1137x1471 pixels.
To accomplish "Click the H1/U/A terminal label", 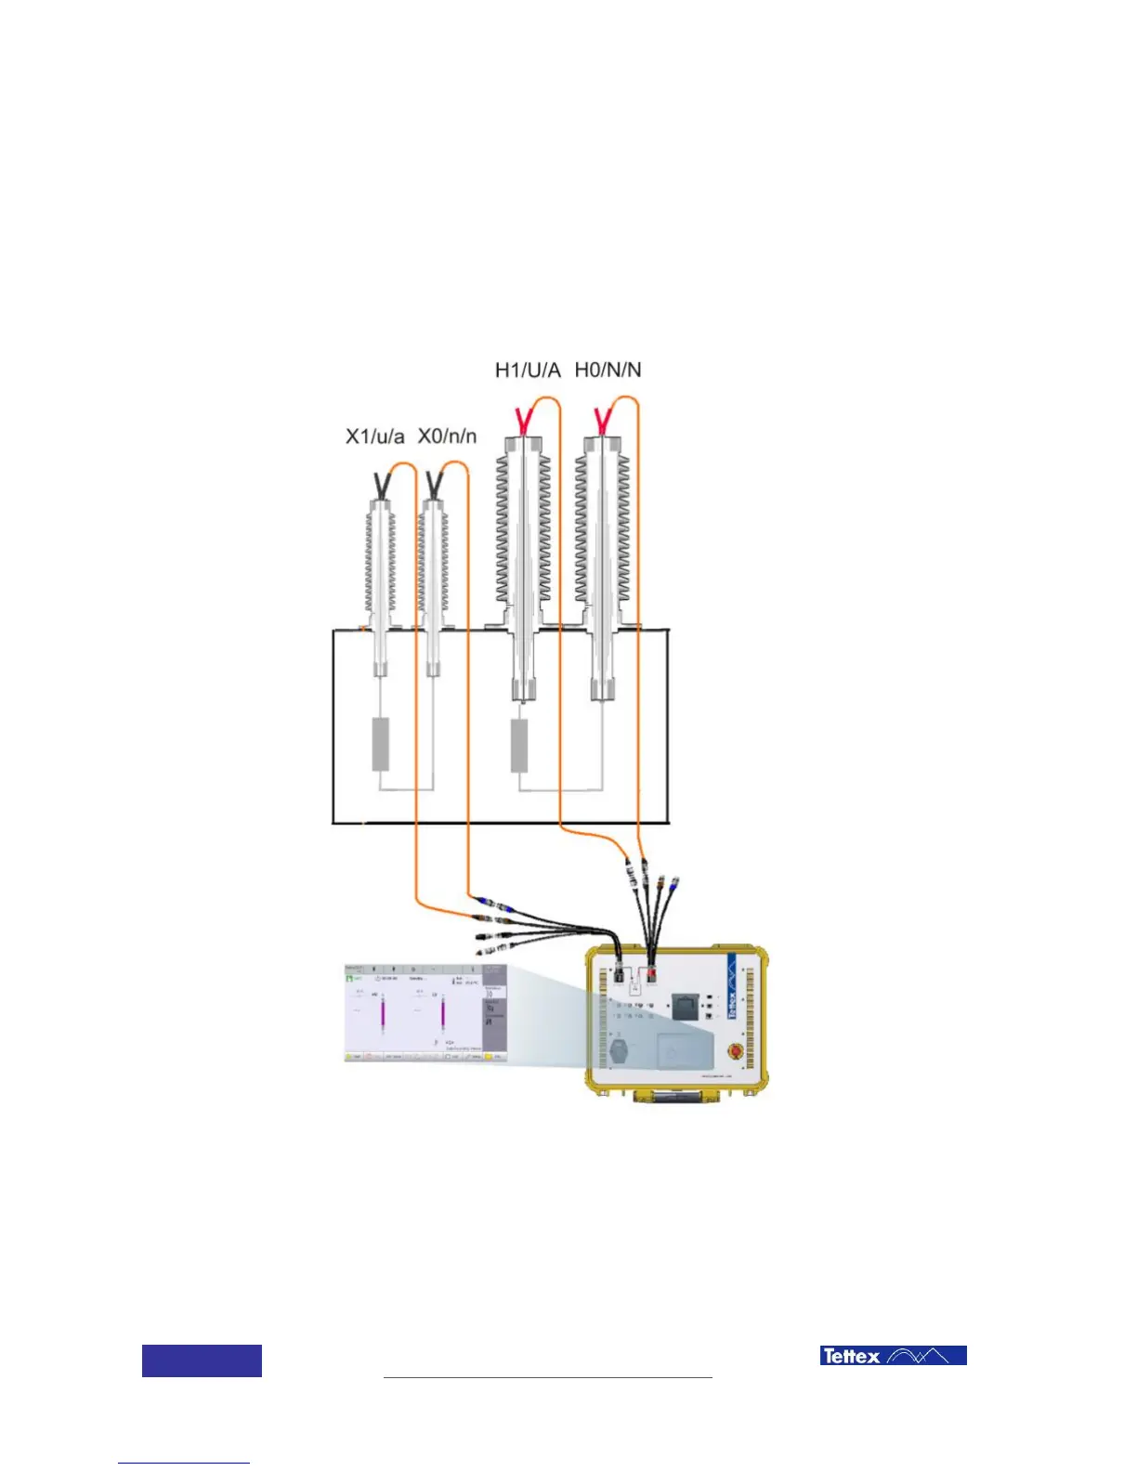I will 528,371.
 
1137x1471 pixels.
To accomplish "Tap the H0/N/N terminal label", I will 608,370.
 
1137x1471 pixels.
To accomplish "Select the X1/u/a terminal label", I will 374,436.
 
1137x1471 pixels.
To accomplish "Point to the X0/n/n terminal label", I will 447,436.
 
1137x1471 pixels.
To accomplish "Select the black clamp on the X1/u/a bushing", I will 380,484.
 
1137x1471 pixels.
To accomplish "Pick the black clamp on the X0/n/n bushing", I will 433,484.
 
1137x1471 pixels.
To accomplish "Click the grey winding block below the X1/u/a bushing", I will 381,744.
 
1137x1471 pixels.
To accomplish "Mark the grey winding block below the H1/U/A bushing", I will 519,746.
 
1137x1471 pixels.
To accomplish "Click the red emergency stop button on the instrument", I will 734,1051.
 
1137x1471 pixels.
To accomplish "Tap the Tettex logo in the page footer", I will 893,1356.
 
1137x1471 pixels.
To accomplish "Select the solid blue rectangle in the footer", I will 202,1360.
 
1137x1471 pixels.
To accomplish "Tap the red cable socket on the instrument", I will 652,974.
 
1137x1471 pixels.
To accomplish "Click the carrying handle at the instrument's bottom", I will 675,1097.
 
